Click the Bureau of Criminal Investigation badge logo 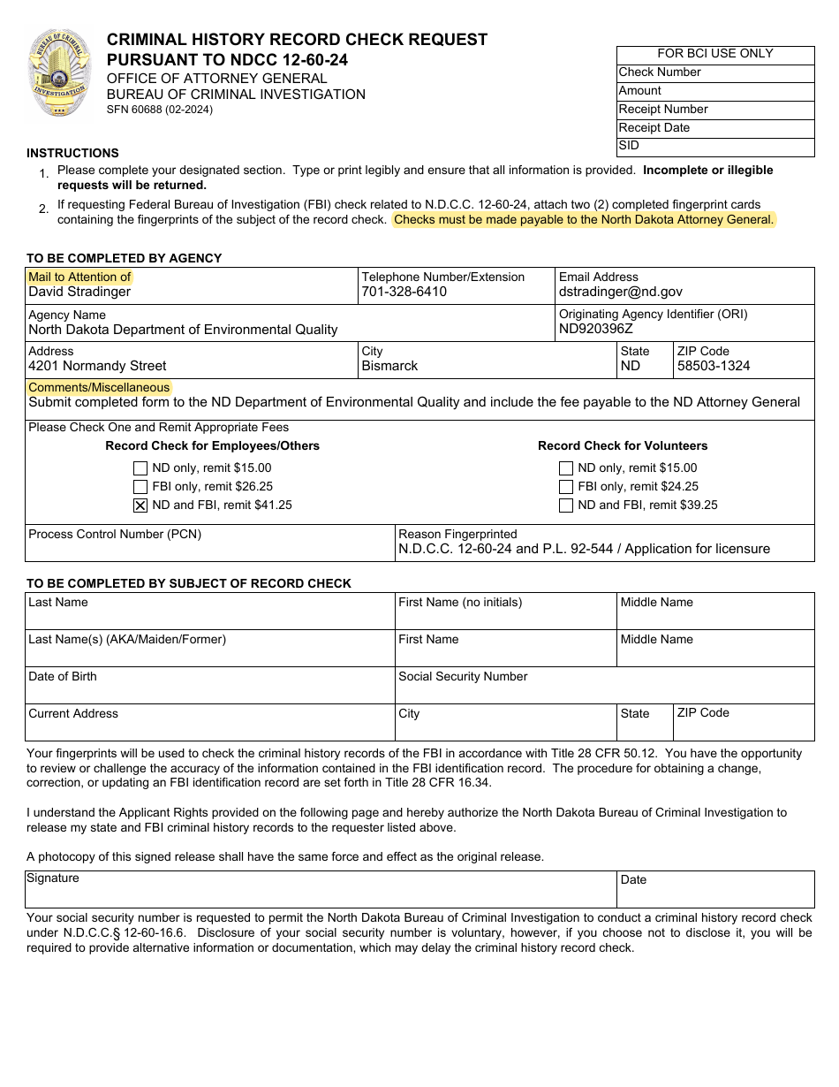(60, 74)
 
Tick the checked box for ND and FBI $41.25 (140, 505)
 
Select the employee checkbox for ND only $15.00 (140, 468)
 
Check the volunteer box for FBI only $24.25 (566, 487)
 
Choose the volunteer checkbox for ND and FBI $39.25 (566, 505)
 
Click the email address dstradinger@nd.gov (620, 292)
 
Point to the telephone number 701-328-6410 (404, 292)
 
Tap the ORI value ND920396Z (596, 329)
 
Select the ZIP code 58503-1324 (712, 366)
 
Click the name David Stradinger (79, 292)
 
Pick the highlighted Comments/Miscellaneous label (99, 387)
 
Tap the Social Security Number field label (463, 677)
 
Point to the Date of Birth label (63, 677)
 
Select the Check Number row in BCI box (660, 72)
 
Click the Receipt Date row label (654, 128)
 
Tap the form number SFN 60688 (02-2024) (160, 110)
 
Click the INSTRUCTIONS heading (72, 153)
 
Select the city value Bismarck (389, 366)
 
